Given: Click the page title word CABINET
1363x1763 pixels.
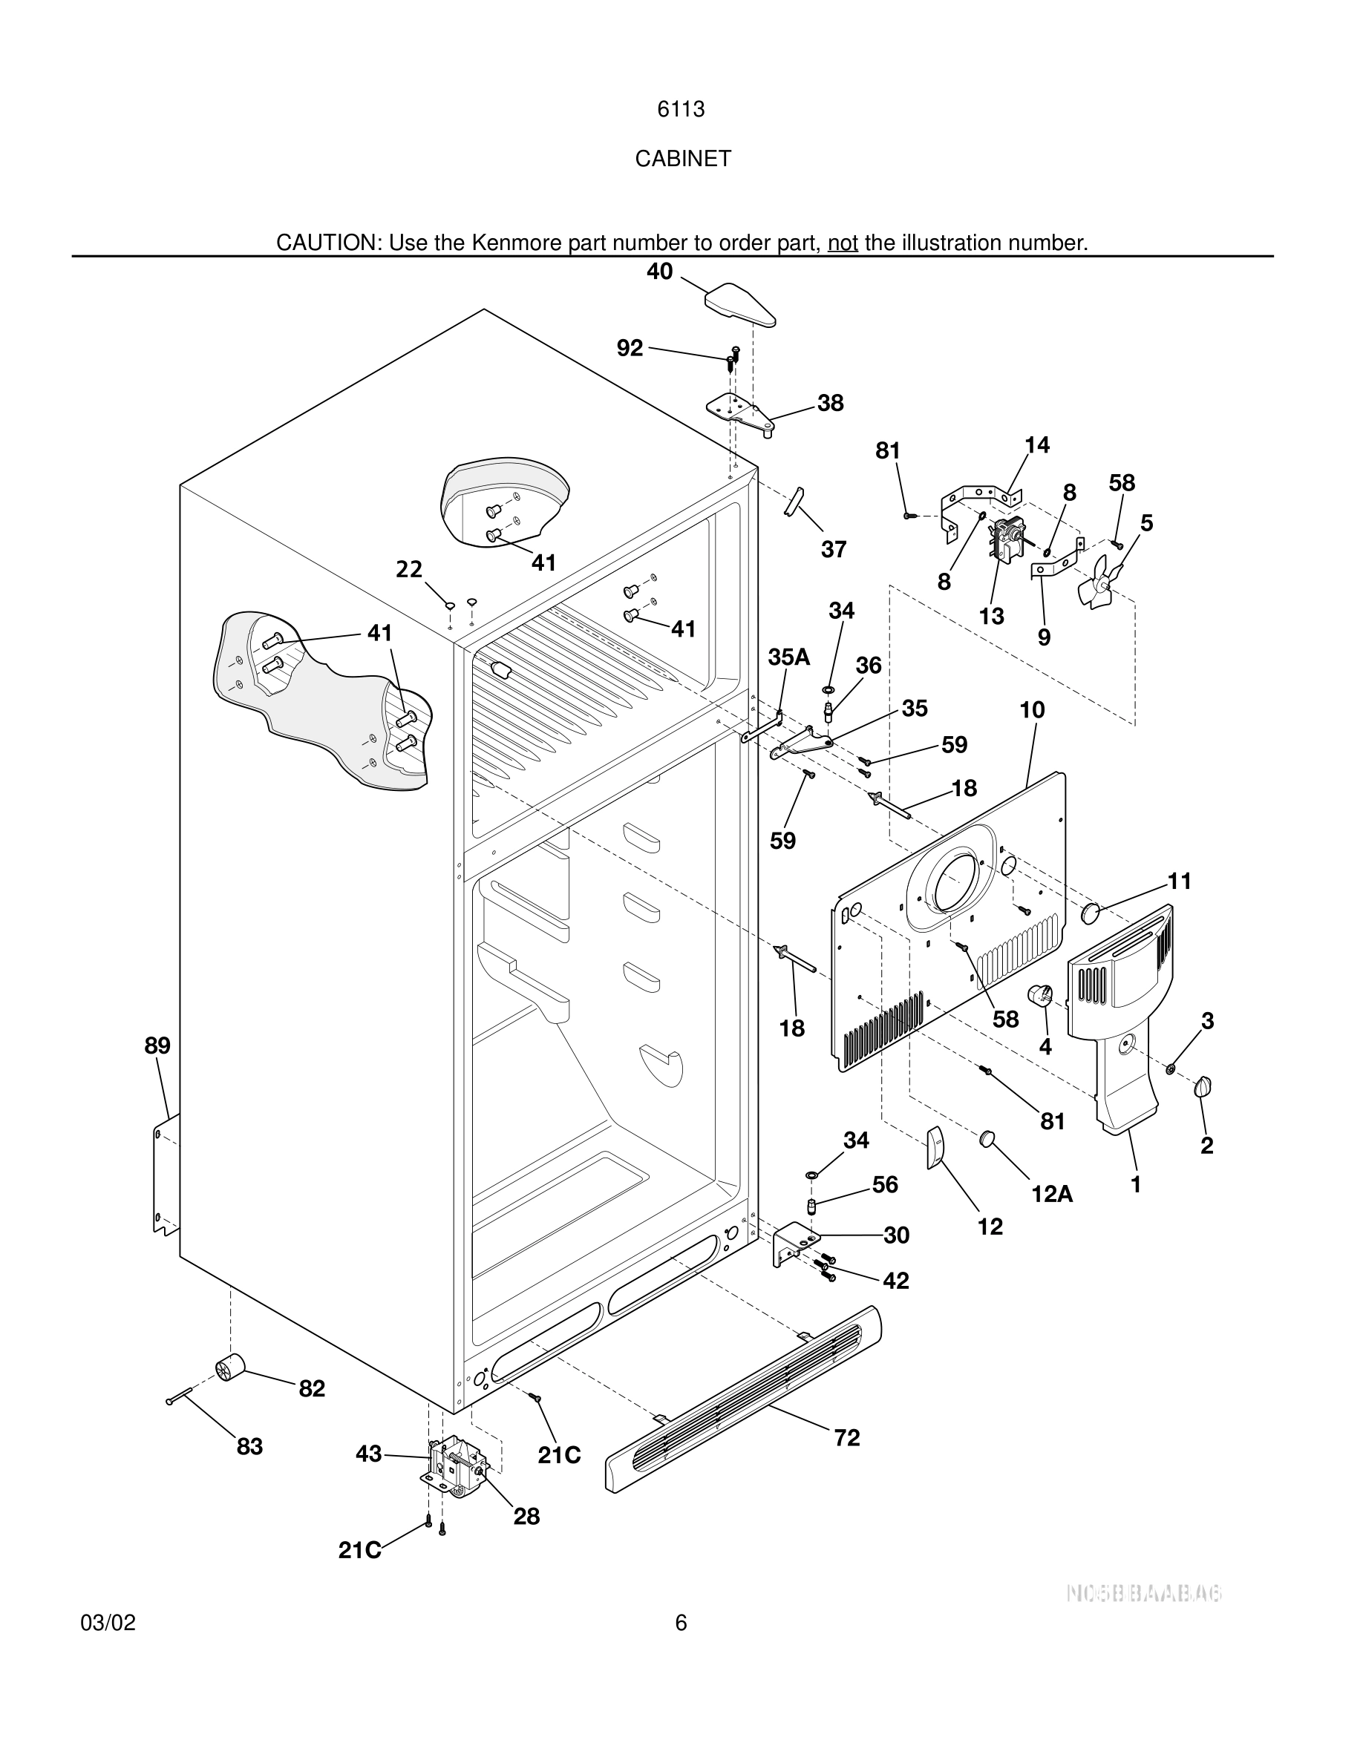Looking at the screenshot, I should pos(682,159).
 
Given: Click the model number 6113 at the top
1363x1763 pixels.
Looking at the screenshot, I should pos(681,110).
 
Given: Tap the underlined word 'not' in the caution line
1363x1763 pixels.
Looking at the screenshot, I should pos(842,243).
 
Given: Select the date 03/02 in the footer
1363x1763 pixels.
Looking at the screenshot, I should pos(108,1623).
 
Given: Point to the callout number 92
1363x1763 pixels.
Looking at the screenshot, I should pos(630,348).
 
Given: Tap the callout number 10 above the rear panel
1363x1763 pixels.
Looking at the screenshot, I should pos(1032,710).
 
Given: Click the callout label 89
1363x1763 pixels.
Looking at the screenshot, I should pos(157,1045).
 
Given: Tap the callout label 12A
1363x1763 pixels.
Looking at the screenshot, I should pos(1051,1194).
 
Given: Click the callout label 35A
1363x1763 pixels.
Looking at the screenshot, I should pos(788,657).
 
